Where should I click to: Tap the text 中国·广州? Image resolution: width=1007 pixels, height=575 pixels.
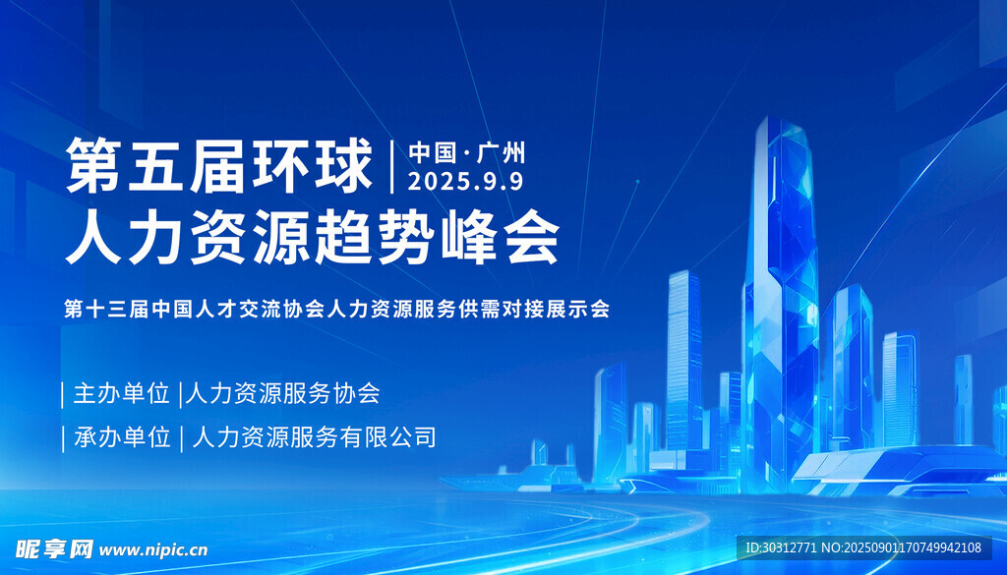click(467, 152)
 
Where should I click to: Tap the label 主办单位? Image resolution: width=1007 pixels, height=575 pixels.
click(121, 393)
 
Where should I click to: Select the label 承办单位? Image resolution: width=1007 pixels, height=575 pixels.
click(122, 437)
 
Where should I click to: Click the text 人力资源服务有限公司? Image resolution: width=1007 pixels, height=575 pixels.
click(314, 437)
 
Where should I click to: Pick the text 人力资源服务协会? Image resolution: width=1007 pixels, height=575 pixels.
click(282, 393)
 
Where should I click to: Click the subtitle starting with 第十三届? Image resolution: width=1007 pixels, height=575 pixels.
click(336, 310)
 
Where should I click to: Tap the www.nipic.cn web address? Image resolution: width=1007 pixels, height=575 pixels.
click(153, 550)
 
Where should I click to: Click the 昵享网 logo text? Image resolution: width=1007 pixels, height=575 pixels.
click(54, 549)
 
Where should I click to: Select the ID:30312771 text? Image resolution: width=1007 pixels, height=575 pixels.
click(780, 547)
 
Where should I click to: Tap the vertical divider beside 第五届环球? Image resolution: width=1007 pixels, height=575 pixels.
click(391, 165)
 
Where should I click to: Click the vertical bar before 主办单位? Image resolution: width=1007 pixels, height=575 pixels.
click(62, 395)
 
